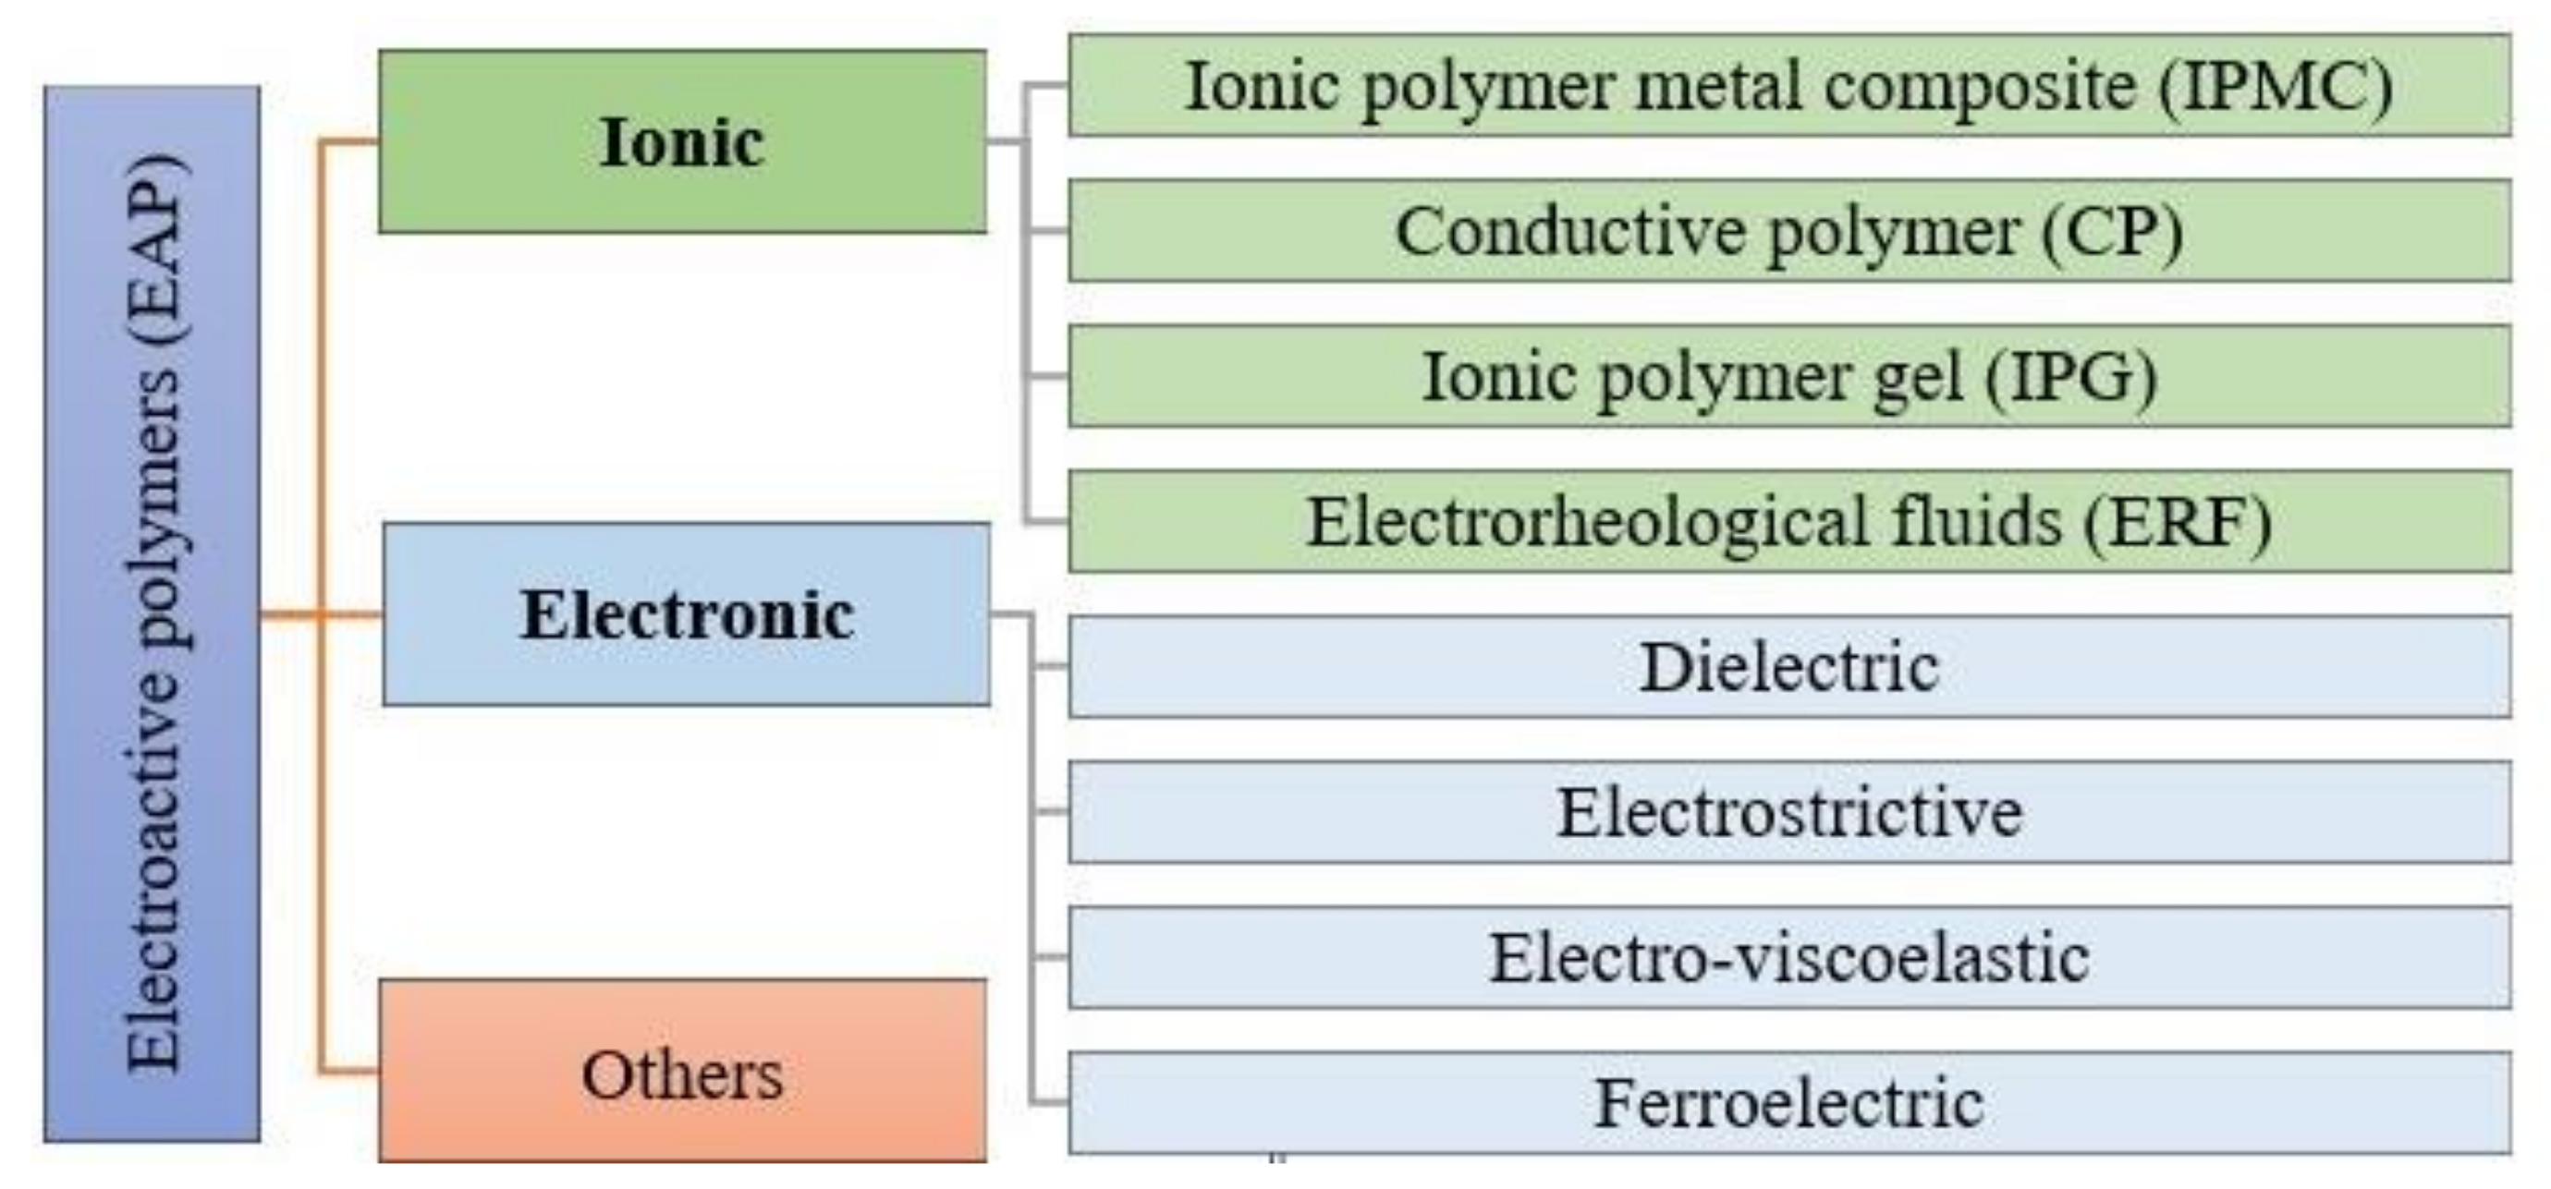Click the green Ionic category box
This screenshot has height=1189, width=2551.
tap(681, 141)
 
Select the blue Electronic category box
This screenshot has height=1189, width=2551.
tap(685, 613)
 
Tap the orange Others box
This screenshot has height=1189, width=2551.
tap(681, 1071)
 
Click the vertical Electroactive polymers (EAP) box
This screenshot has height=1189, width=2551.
tap(152, 613)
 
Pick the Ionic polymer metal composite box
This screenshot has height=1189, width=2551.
tap(1788, 85)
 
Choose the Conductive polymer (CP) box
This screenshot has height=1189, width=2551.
tap(1788, 231)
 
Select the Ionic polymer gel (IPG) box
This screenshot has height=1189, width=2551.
tap(1788, 376)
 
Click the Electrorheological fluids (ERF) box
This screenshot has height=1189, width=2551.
tap(1788, 522)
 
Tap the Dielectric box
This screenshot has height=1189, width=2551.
tap(1788, 666)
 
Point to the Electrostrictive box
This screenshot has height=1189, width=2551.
tap(1788, 812)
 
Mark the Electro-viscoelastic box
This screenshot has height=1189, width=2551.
tap(1788, 957)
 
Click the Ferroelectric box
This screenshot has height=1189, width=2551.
tap(1788, 1102)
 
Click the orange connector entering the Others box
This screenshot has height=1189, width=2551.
tap(348, 1071)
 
